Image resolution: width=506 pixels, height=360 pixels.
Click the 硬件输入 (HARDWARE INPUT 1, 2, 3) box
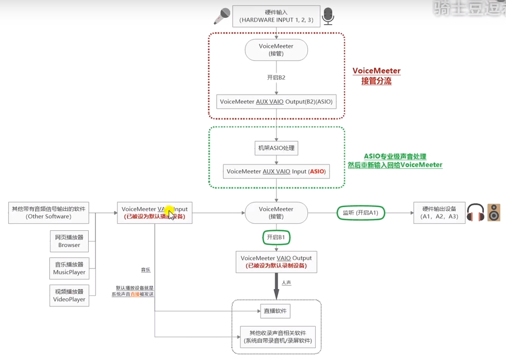(x=276, y=15)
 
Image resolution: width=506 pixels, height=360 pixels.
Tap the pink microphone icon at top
(x=221, y=16)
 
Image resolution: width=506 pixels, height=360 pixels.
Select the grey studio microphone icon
(x=328, y=16)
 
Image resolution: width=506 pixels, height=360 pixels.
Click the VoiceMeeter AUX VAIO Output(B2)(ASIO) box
(x=276, y=101)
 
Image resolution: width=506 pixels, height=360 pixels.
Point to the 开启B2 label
(x=276, y=77)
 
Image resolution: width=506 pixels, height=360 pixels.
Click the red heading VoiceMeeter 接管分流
(x=376, y=76)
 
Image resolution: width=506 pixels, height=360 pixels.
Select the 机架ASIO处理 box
(x=276, y=148)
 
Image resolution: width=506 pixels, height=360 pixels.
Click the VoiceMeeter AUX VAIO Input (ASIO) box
(x=276, y=171)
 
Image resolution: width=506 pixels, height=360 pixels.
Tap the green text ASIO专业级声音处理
(x=395, y=157)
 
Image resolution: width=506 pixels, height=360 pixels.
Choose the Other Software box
(x=48, y=212)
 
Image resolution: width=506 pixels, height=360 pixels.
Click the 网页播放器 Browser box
(x=69, y=241)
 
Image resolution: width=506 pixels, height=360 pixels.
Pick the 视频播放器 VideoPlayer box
(x=69, y=295)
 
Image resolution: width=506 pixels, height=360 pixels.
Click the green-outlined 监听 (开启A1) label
(x=360, y=213)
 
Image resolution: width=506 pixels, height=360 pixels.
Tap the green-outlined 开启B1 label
(x=276, y=238)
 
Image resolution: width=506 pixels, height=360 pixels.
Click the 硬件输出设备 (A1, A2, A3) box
(x=439, y=213)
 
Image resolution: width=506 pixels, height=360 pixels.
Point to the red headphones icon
(x=475, y=212)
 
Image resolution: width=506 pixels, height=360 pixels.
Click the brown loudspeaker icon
(x=494, y=212)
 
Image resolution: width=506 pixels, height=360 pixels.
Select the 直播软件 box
(x=275, y=311)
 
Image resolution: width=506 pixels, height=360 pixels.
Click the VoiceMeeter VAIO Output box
(x=276, y=262)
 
